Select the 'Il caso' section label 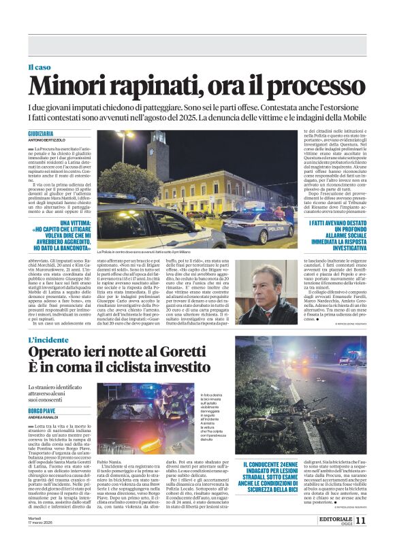[x=39, y=67]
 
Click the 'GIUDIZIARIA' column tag [x=41, y=134]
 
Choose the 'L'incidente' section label [x=50, y=340]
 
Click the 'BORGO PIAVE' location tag [x=44, y=412]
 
